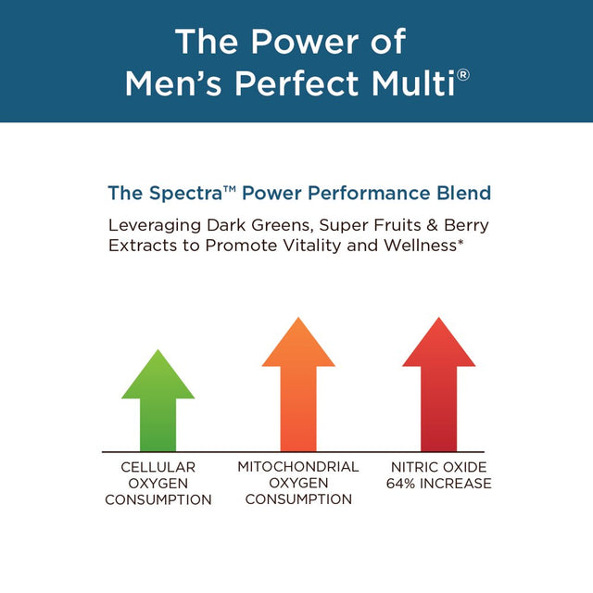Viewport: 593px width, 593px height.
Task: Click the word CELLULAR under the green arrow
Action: [x=158, y=468]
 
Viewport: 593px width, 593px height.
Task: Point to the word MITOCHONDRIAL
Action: [x=297, y=466]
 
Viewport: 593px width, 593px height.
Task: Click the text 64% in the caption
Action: [x=409, y=484]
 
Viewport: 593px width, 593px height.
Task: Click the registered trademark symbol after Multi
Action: [x=463, y=73]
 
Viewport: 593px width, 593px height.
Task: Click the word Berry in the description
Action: [x=465, y=225]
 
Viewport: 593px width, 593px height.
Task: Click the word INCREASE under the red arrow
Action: [x=453, y=484]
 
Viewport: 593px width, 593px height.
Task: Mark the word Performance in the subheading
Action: [x=359, y=194]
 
